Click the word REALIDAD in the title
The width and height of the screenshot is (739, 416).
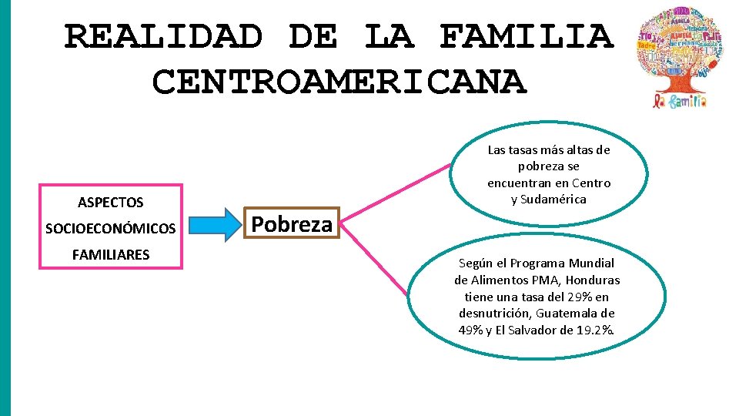(x=163, y=36)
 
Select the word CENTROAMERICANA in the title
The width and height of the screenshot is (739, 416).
(x=339, y=81)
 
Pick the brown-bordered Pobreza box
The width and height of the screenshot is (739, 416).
(x=292, y=224)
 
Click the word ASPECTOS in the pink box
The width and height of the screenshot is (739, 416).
(x=110, y=203)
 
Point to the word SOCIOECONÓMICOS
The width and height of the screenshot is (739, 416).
(x=110, y=229)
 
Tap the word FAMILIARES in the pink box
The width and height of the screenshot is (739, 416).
(x=110, y=255)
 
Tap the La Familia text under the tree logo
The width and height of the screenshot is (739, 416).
(x=681, y=101)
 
